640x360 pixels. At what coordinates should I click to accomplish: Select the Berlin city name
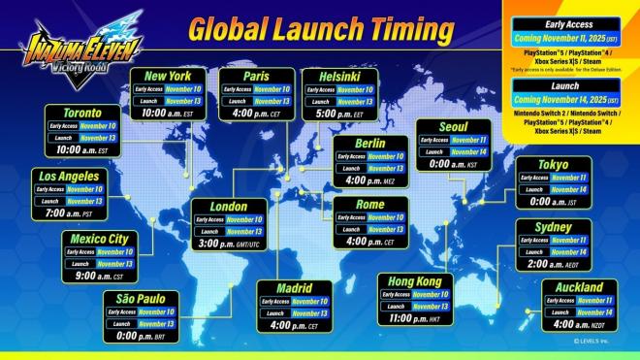pos(370,143)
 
